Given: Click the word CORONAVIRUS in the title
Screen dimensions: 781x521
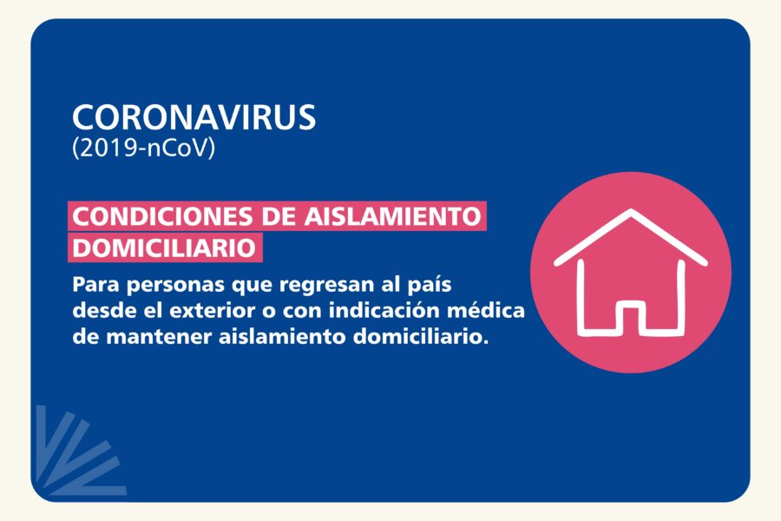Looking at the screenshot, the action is (x=194, y=118).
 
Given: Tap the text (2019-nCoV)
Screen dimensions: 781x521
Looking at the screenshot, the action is (x=143, y=148).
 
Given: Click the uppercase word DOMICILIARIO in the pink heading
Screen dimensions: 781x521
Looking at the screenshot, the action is (x=164, y=247).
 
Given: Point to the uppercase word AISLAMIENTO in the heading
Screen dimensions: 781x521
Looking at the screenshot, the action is (x=392, y=216).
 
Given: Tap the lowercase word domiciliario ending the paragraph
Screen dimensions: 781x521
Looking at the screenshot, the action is (x=418, y=337).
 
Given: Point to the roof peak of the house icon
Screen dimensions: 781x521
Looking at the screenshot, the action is (x=631, y=211).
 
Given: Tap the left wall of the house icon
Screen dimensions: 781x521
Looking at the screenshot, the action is (x=581, y=296).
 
